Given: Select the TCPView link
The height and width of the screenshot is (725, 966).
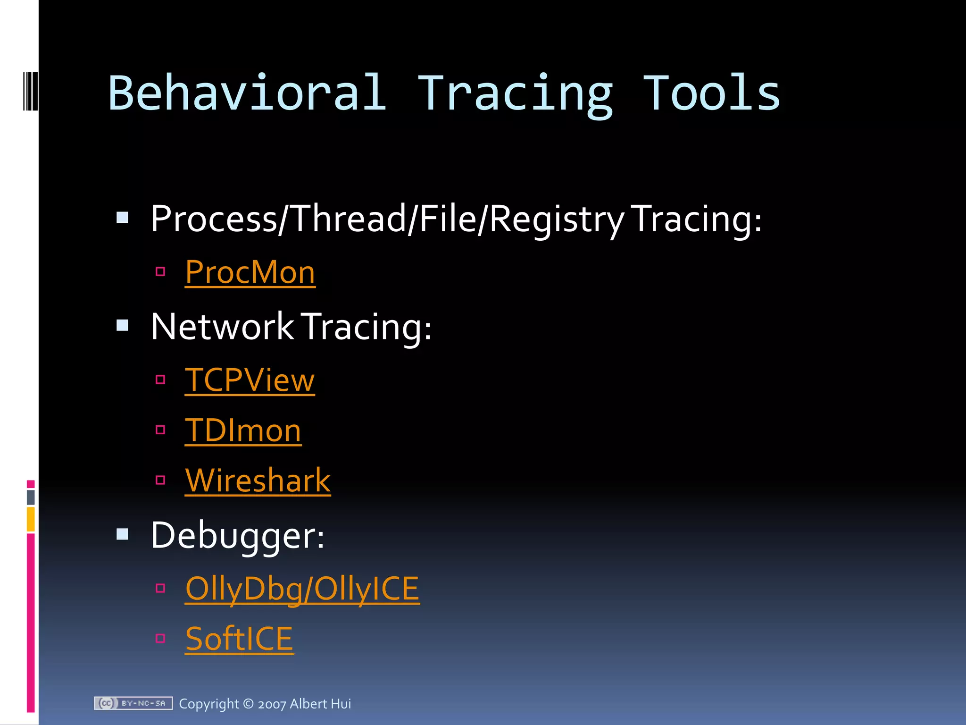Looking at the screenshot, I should (x=250, y=380).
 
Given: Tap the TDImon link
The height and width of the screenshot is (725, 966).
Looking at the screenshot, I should (x=243, y=430).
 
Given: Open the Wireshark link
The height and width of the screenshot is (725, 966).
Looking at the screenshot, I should (x=258, y=481).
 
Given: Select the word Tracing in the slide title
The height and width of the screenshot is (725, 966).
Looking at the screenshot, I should (x=515, y=94).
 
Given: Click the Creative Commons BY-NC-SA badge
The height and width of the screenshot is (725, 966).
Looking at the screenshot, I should (x=133, y=703).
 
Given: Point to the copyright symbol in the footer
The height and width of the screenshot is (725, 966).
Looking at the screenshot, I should (x=248, y=704).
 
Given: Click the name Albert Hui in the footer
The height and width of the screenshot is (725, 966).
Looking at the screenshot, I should (x=320, y=704).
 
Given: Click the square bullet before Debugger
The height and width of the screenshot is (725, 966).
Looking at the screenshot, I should (x=123, y=534).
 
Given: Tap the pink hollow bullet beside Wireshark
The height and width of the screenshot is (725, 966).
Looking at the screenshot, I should (x=160, y=480).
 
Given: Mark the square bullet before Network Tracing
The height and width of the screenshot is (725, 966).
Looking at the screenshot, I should (x=123, y=325).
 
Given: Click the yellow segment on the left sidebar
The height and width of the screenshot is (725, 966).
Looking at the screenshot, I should (x=31, y=519).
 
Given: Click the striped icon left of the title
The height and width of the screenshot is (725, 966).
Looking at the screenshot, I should (x=30, y=91).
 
